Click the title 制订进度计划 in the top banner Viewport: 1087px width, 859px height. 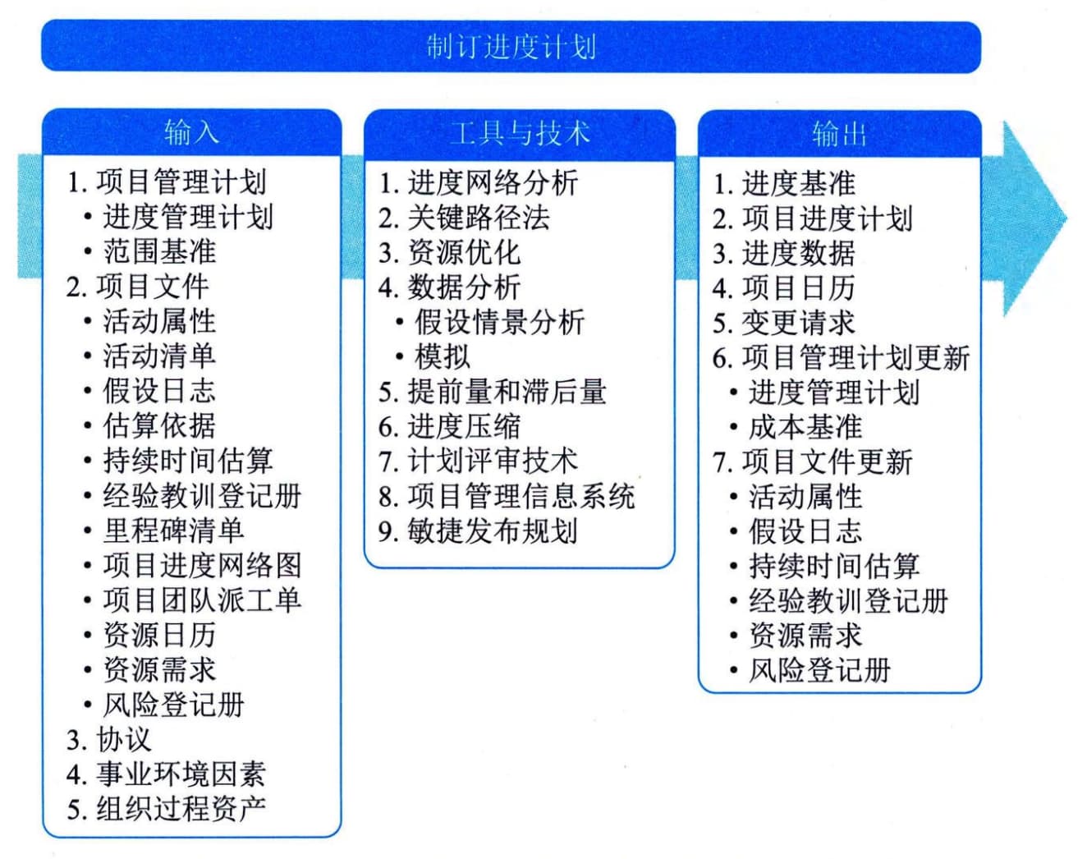pos(511,47)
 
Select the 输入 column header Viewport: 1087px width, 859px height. pos(191,132)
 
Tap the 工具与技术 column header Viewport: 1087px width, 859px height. pos(520,133)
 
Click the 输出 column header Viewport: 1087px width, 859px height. pos(839,134)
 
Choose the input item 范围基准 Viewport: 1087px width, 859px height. pos(159,251)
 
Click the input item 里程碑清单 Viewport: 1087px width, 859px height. pos(174,531)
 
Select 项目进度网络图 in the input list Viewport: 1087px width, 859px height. pos(203,566)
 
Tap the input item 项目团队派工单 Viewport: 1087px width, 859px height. pos(203,600)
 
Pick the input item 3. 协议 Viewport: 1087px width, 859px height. pos(108,740)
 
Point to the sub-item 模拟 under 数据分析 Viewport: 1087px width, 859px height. pos(443,357)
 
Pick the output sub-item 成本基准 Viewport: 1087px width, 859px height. pos(805,428)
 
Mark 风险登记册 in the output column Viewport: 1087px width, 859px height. pos(819,671)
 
